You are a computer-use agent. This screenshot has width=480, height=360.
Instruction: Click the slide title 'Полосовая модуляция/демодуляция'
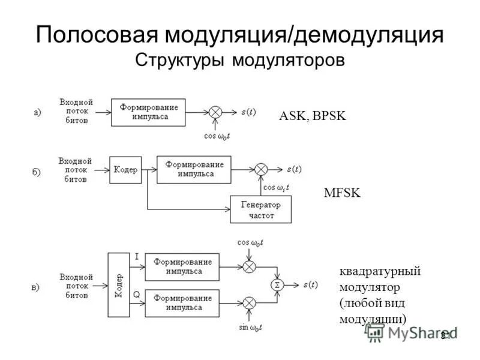(240, 34)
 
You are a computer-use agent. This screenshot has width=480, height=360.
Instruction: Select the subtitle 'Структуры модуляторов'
(240, 60)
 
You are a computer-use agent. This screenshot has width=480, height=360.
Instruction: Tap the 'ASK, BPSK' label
(313, 116)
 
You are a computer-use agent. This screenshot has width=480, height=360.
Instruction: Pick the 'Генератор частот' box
(260, 209)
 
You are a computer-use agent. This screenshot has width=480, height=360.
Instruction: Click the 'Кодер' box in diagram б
(125, 170)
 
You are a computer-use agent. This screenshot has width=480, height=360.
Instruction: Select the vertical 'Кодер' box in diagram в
(119, 284)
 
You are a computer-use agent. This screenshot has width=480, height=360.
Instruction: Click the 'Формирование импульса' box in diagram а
(148, 112)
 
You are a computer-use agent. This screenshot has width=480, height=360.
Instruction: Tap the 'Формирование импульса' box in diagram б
(194, 169)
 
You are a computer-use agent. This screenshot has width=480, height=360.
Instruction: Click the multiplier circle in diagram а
(215, 112)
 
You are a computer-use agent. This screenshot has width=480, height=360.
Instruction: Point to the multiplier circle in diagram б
(260, 170)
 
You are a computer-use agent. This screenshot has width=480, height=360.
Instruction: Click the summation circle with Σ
(277, 284)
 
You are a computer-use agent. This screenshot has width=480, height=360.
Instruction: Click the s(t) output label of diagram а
(248, 112)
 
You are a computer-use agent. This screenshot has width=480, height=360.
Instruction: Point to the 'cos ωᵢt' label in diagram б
(277, 187)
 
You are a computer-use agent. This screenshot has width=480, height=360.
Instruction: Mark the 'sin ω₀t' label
(251, 327)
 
